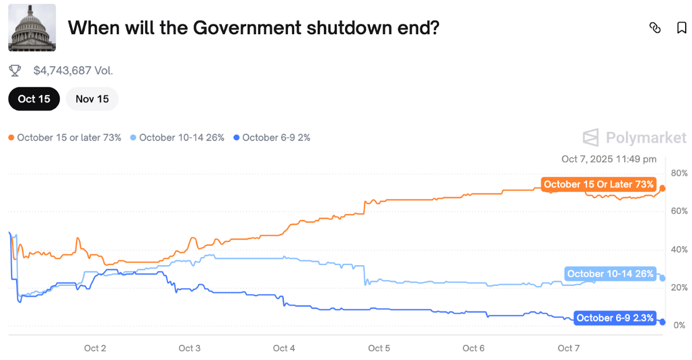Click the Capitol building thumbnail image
pos(32,27)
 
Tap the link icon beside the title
pos(655,28)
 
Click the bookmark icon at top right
pos(682,28)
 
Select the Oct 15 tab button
pos(34,99)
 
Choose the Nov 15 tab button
pos(92,99)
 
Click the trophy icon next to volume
pos(15,71)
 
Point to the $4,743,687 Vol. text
pos(73,71)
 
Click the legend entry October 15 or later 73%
pos(65,138)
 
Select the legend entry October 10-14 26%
pos(177,138)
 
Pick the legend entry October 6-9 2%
pos(272,138)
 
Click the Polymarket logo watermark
pos(635,138)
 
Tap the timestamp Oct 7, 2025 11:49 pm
pos(609,159)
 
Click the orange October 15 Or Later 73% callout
pos(599,185)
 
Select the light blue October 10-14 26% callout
pos(610,274)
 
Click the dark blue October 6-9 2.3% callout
pos(615,318)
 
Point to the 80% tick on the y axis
pos(679,173)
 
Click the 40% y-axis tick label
pos(679,249)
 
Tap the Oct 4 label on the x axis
pos(284,348)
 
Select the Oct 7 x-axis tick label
pos(568,348)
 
